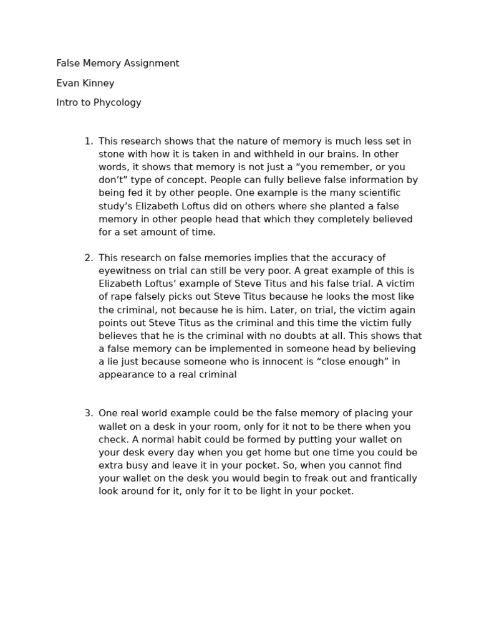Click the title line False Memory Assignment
117,64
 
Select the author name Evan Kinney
85,83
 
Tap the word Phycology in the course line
117,103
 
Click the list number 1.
88,141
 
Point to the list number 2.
88,258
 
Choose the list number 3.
88,414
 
